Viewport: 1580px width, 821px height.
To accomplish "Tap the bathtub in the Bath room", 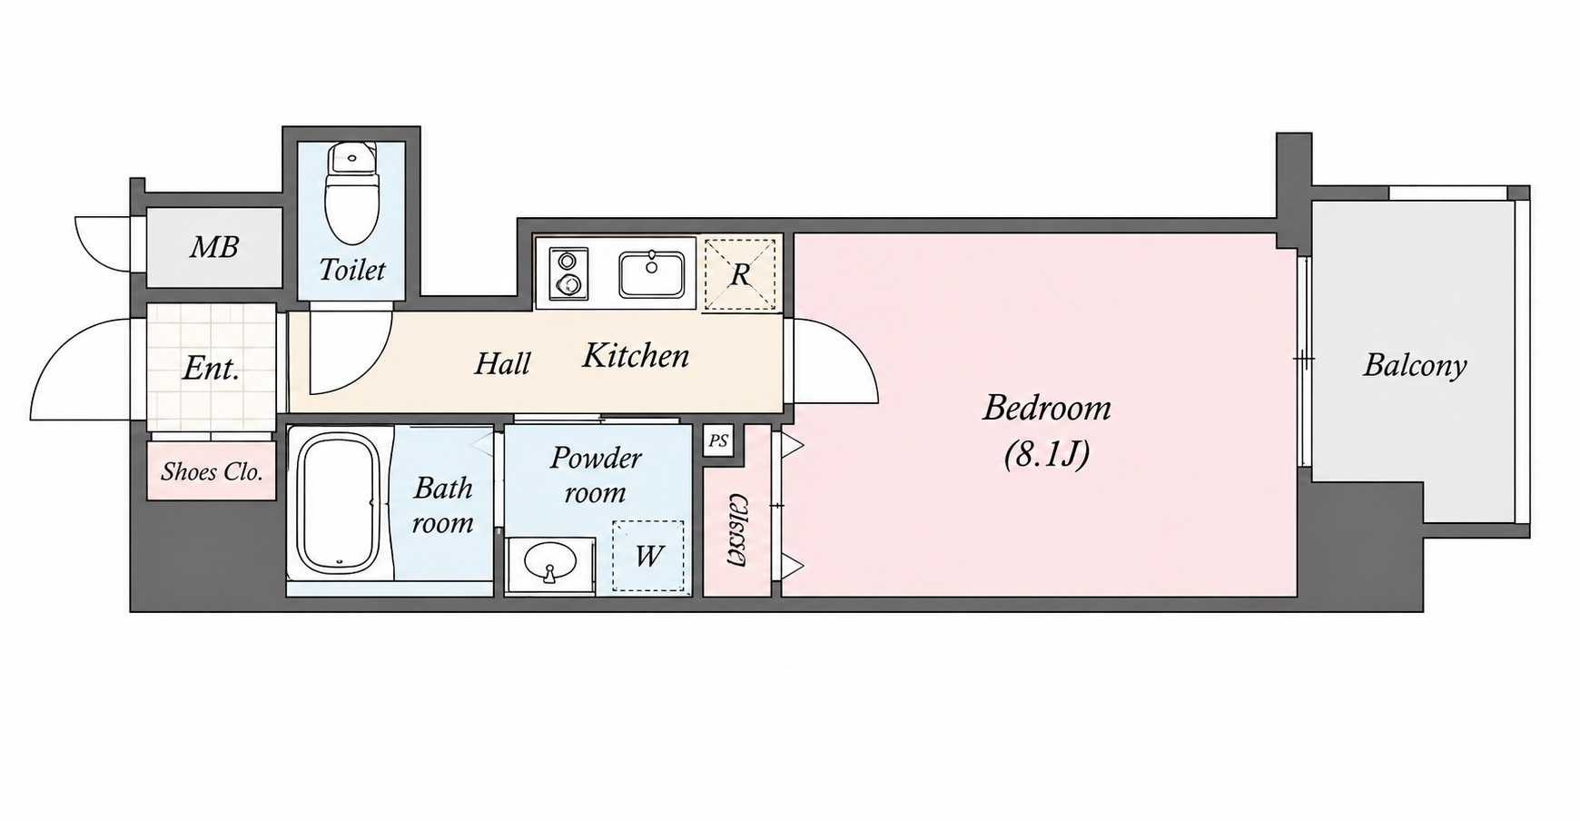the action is [x=339, y=502].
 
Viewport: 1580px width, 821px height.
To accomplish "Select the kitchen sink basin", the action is [x=652, y=275].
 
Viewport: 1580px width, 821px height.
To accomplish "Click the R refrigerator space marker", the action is [x=740, y=274].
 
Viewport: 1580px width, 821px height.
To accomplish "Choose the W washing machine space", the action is [x=647, y=555].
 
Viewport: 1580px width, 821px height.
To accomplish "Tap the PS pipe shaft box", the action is [x=718, y=441].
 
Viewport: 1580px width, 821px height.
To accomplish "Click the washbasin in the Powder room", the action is [x=549, y=565].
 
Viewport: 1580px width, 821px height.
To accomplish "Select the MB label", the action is [x=214, y=246].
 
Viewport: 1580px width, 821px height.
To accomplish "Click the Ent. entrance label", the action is [x=212, y=368].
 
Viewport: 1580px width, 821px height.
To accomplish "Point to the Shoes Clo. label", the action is [x=212, y=471].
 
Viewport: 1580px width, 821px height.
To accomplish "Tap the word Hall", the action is [x=503, y=363].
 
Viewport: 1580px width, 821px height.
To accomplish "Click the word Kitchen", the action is [x=636, y=355].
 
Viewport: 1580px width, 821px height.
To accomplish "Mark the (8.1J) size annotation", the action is [x=1047, y=454].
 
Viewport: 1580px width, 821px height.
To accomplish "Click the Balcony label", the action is [x=1415, y=365].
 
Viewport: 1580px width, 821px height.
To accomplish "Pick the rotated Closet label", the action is [x=737, y=531].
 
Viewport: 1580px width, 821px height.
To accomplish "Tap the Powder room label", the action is [x=596, y=474].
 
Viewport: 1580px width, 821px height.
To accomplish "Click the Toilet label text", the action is [x=352, y=270].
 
